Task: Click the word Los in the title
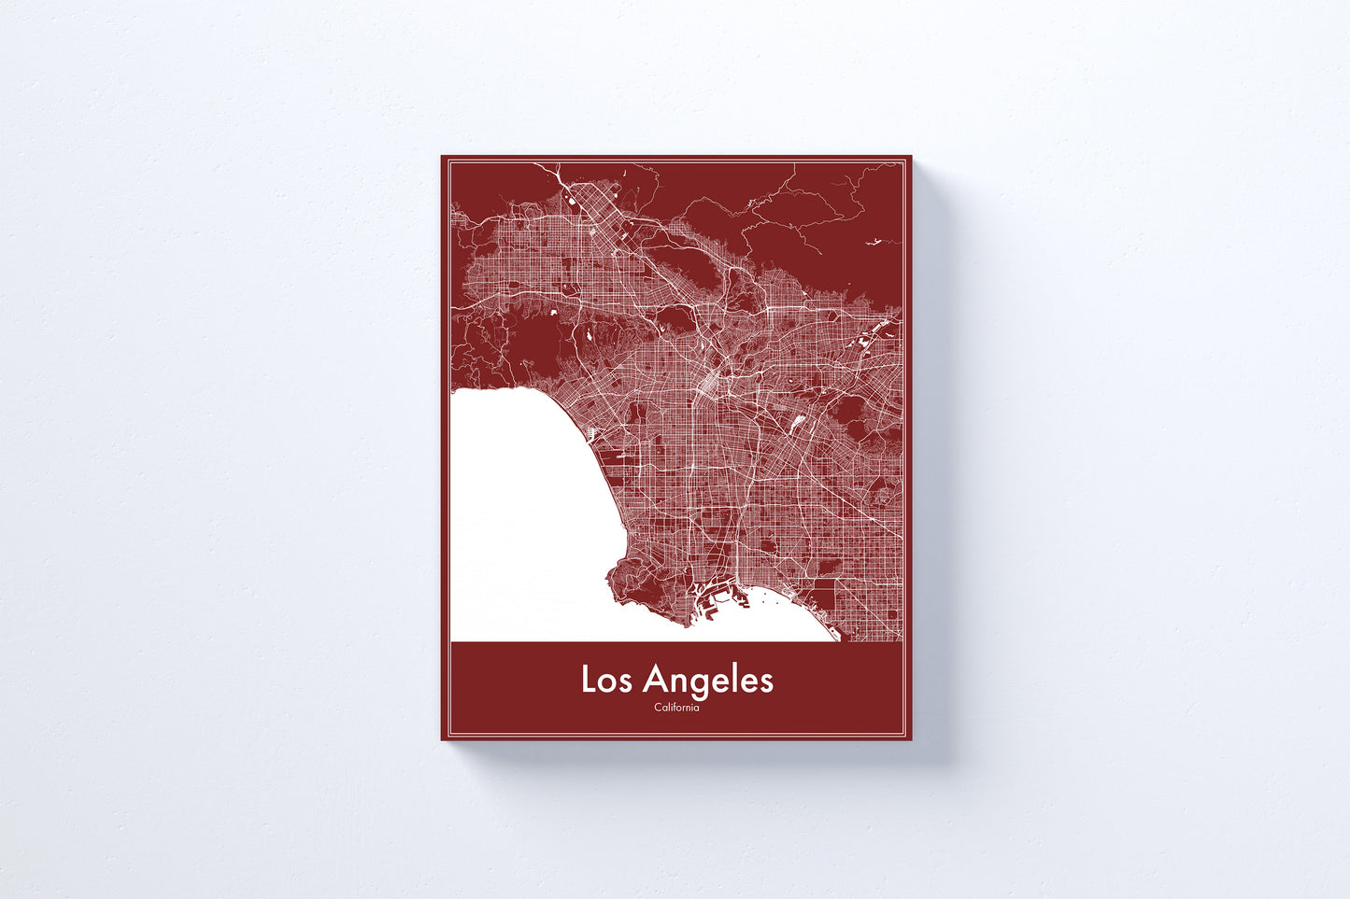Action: pos(607,680)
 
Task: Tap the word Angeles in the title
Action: pos(708,680)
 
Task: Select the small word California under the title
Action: pos(676,708)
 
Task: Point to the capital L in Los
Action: pos(589,680)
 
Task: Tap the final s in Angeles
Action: pos(767,682)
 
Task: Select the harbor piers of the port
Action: pos(710,597)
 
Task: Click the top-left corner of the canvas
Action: pos(443,157)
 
